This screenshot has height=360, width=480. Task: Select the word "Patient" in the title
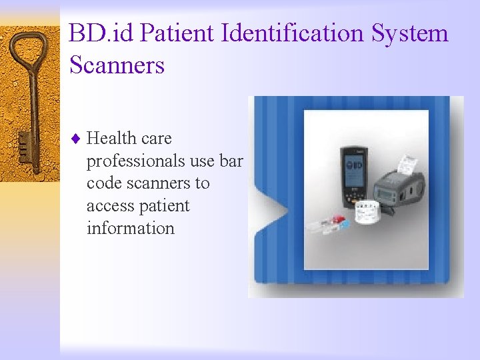click(x=167, y=33)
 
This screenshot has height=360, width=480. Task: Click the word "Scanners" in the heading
click(x=116, y=65)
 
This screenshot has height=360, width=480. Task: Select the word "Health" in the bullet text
click(x=111, y=139)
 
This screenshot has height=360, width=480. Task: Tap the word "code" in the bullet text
click(x=105, y=183)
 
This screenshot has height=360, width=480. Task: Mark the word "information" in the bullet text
click(x=130, y=228)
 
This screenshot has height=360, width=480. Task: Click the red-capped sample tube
click(x=338, y=219)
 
